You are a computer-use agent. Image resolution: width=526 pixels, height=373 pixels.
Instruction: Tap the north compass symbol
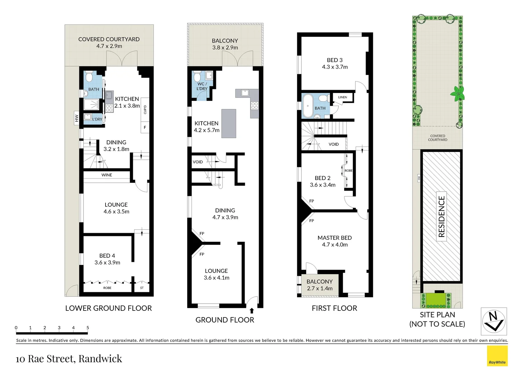tap(494, 321)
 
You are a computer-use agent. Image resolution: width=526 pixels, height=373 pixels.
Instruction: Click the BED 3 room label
tap(335, 60)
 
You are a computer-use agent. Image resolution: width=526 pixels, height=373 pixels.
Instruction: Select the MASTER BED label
tap(335, 238)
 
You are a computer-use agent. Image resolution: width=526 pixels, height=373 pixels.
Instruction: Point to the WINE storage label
tap(107, 175)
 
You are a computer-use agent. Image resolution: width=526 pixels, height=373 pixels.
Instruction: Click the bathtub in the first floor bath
tap(308, 106)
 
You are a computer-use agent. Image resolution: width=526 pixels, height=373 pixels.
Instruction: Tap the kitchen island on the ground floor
tap(229, 123)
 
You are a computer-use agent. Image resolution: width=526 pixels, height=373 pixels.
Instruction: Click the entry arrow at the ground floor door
tap(252, 311)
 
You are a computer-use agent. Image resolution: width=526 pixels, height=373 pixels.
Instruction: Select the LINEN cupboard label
tap(343, 97)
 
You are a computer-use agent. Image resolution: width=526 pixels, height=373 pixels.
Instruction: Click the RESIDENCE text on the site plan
tap(441, 217)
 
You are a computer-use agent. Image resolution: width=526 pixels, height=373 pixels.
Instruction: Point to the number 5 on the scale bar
tap(88, 328)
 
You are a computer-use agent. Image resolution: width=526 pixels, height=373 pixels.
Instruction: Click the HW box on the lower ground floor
tap(77, 118)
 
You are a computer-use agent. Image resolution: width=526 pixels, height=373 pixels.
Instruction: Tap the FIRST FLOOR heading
tap(334, 308)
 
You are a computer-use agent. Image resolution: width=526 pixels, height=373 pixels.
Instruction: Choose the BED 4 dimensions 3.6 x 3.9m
tap(107, 262)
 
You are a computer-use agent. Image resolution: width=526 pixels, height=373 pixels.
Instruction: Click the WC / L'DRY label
tap(202, 86)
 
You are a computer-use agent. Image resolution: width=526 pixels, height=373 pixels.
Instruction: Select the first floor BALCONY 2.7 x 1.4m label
tap(320, 285)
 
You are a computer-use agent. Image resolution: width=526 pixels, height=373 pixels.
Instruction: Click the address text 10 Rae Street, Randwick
tap(69, 359)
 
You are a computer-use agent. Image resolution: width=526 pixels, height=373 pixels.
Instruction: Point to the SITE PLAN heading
tap(437, 315)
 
